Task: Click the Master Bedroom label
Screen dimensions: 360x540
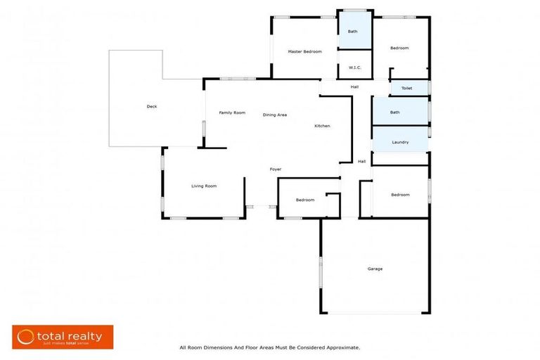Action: [304, 52]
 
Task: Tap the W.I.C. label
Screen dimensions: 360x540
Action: [354, 68]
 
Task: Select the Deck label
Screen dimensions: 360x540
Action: [151, 107]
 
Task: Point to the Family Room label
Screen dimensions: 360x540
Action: [231, 112]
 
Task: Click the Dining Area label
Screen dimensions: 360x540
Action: [274, 115]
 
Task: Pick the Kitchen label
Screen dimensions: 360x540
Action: [322, 126]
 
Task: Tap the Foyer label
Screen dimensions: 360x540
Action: [276, 169]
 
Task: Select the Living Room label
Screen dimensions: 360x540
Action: [204, 186]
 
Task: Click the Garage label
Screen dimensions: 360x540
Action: [375, 269]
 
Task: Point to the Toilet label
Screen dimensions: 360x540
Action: [406, 89]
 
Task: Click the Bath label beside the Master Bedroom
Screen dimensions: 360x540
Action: [352, 32]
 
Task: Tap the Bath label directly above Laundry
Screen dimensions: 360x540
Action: [395, 112]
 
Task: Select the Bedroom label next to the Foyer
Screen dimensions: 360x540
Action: [305, 200]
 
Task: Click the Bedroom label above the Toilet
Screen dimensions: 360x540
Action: [399, 48]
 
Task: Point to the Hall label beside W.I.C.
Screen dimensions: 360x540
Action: [355, 86]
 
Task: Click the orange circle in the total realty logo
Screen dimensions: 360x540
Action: [26, 337]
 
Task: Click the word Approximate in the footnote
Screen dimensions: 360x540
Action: [340, 347]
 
